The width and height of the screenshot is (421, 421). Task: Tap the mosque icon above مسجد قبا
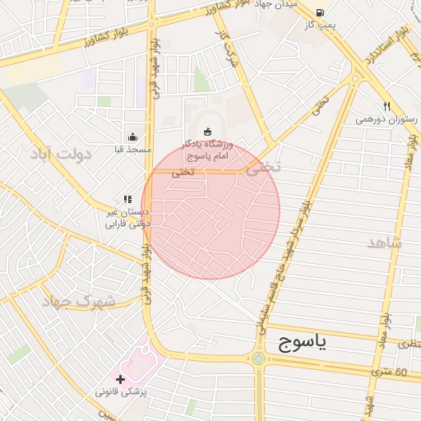(x=132, y=137)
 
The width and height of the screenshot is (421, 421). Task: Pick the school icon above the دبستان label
(x=127, y=199)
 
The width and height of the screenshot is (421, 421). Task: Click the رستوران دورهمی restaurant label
(x=386, y=119)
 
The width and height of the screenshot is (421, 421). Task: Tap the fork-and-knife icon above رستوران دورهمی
(x=386, y=106)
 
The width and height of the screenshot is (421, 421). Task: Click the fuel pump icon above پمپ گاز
(x=318, y=12)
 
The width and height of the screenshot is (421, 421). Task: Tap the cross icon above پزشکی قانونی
(x=121, y=379)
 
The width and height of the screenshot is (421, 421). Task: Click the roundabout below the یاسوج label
(x=258, y=359)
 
